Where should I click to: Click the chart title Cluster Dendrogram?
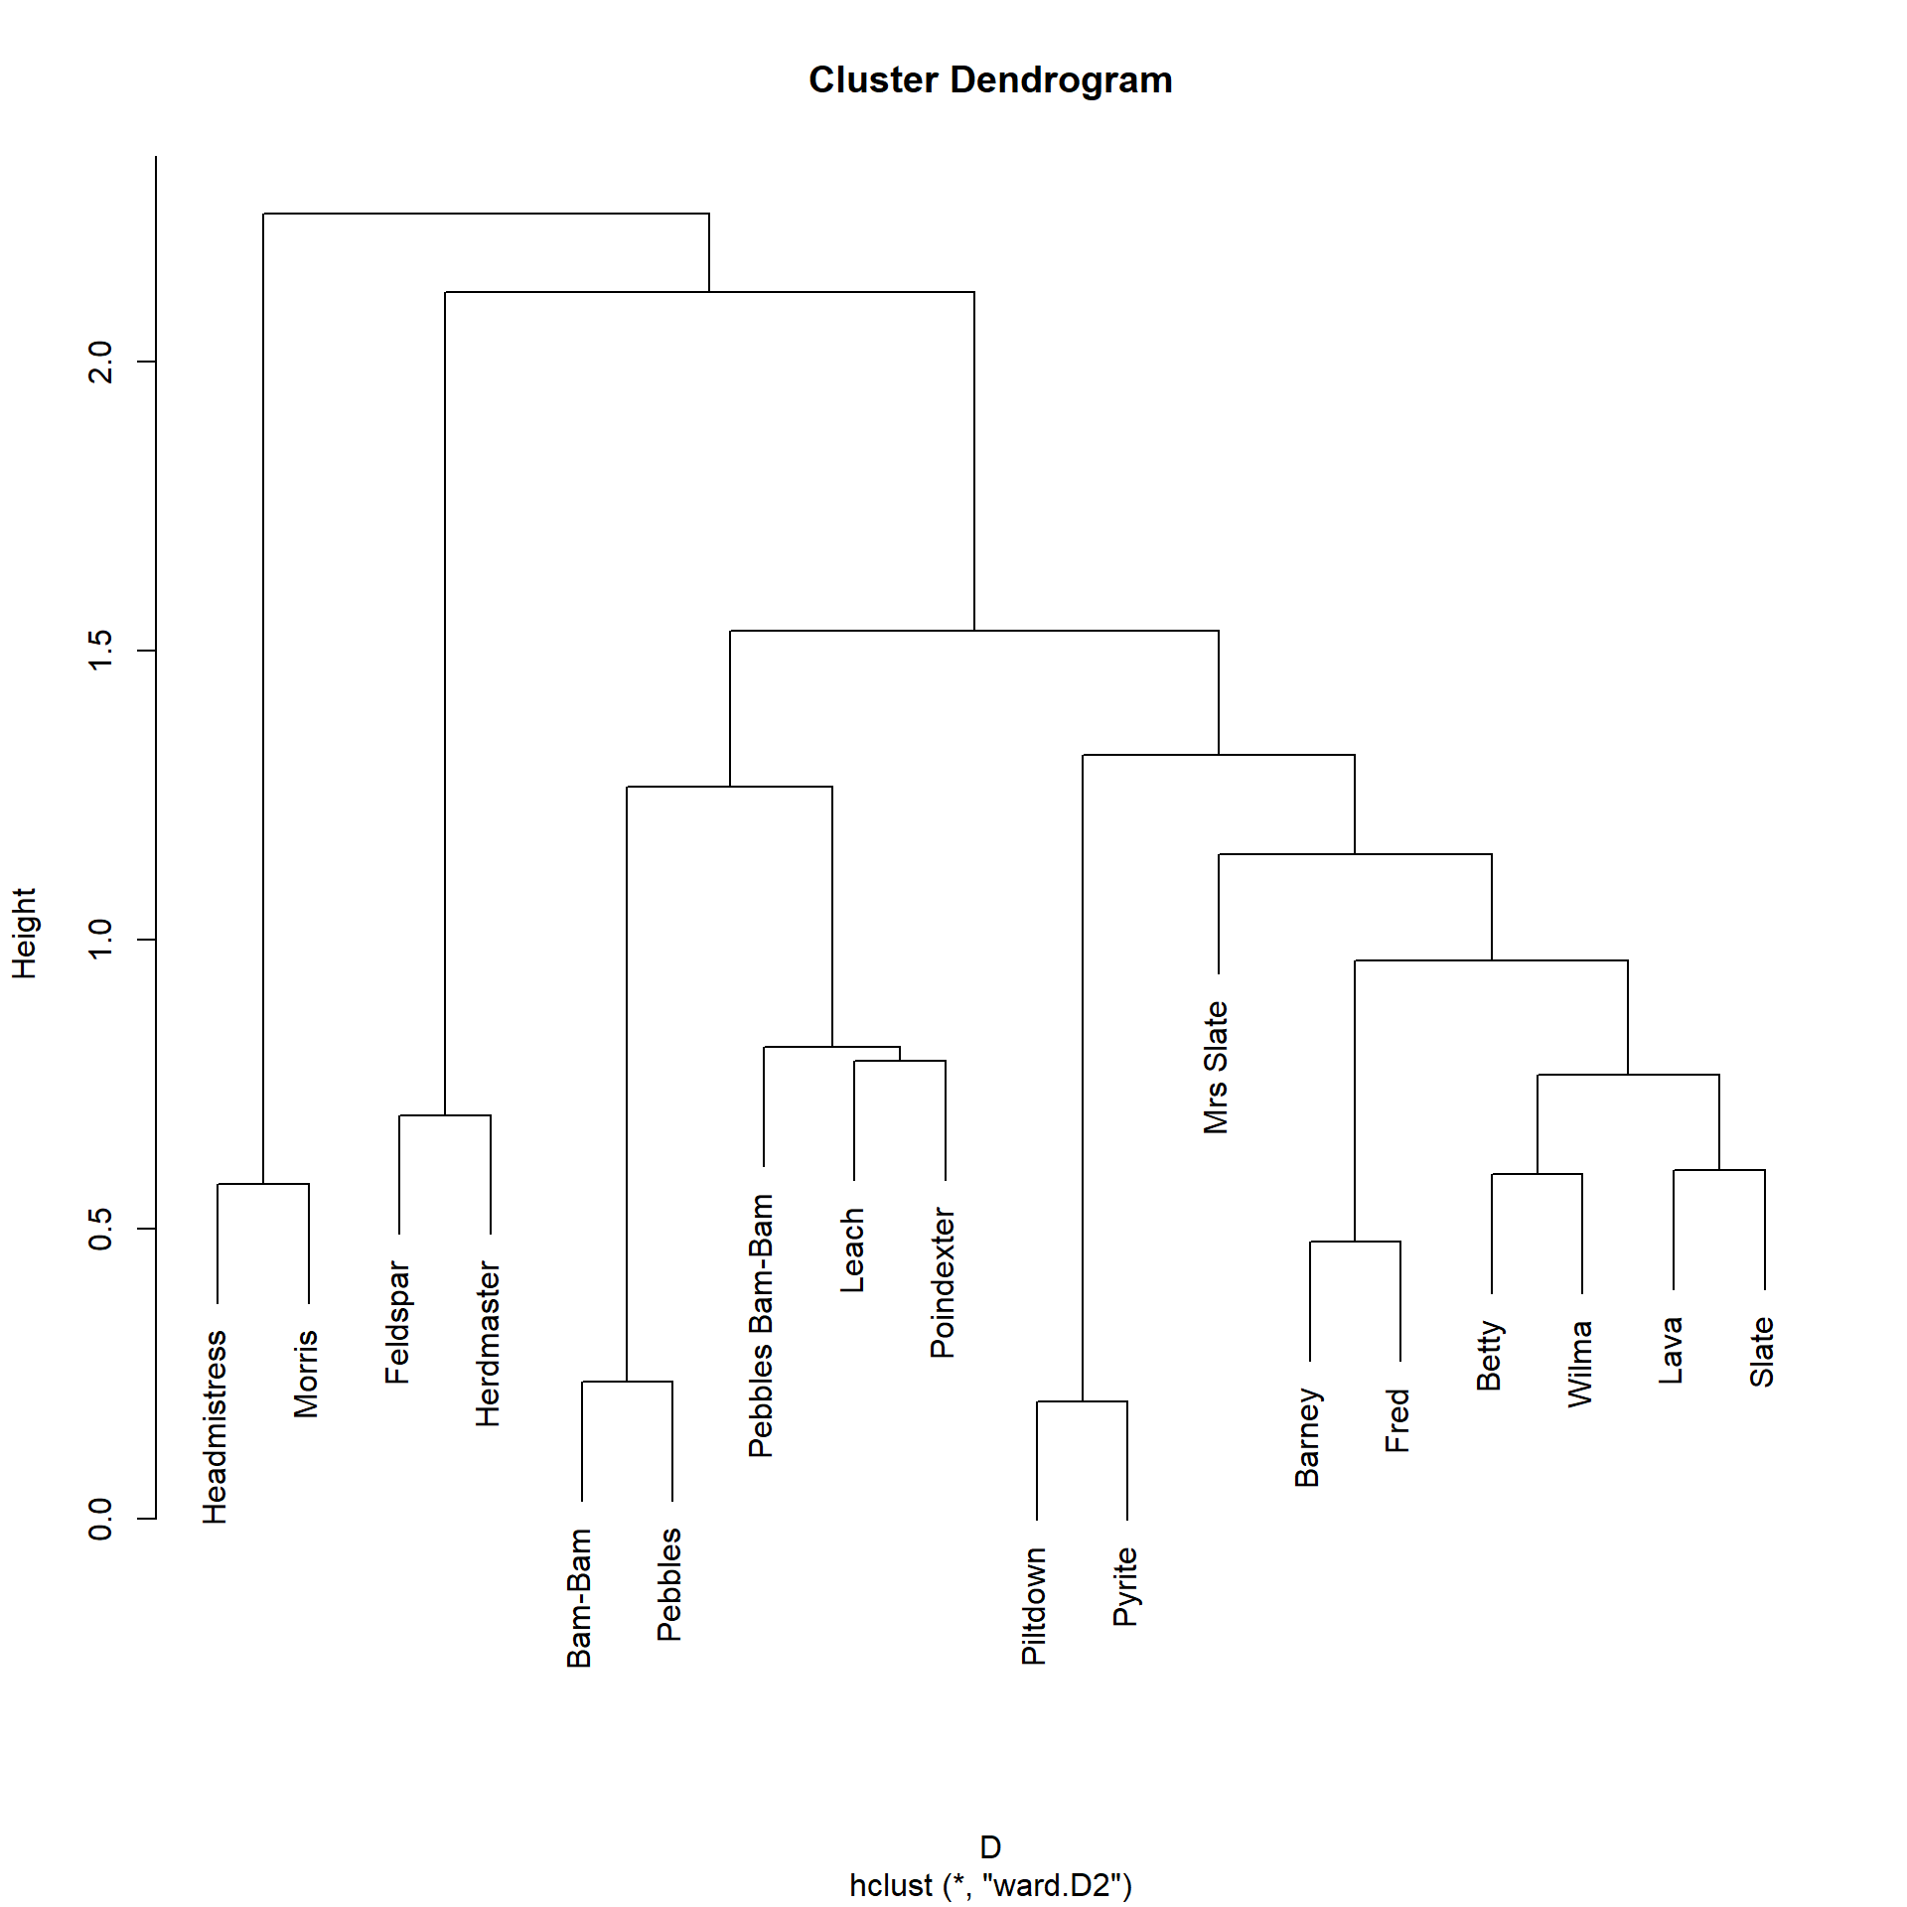pos(990,80)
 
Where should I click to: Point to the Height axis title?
pos(24,933)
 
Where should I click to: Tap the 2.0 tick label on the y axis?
pos(101,362)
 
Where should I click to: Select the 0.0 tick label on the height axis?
pos(101,1519)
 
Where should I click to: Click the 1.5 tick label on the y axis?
pos(101,651)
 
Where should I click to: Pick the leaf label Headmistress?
pos(216,1426)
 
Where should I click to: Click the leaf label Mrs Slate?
pos(1217,1067)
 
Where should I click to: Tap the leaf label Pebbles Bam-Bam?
pos(762,1325)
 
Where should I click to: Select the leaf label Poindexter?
pos(943,1282)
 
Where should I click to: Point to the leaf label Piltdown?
pos(1034,1605)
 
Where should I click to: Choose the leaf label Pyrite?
pos(1125,1586)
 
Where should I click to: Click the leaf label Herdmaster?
pos(488,1343)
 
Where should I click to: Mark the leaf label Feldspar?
pos(397,1322)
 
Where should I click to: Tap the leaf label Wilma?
pos(1580,1363)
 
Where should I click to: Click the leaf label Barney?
pos(1308,1437)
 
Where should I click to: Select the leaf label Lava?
pos(1672,1350)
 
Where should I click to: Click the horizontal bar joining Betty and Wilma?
pos(1537,1174)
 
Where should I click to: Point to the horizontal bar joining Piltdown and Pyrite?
pos(1082,1401)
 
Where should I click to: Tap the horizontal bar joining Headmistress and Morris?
pos(263,1184)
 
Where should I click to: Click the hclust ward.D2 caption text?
pos(990,1884)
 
